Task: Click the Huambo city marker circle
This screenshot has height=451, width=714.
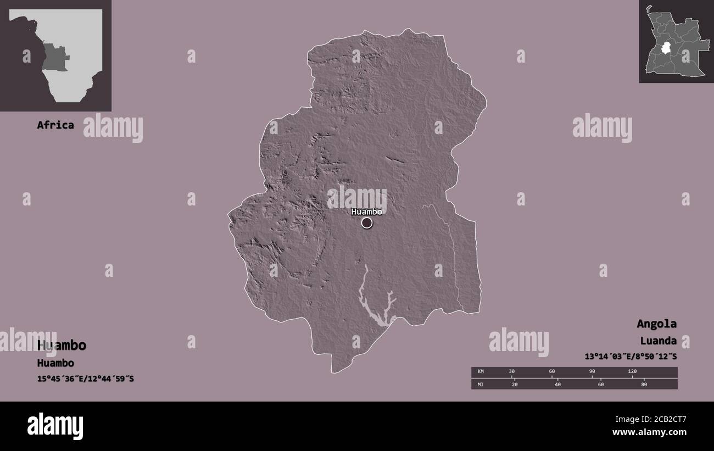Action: click(x=367, y=222)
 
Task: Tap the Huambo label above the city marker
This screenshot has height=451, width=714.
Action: click(x=366, y=211)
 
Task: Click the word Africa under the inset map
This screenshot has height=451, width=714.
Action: click(x=55, y=125)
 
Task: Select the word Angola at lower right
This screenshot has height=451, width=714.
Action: click(x=656, y=324)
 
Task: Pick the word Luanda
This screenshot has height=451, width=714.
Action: click(x=658, y=341)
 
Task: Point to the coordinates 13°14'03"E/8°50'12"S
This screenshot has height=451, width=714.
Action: click(x=631, y=357)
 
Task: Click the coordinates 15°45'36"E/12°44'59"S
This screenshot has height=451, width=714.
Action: click(x=85, y=379)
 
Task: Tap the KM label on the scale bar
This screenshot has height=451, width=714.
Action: click(x=481, y=372)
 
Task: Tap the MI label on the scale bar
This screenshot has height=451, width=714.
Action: click(x=481, y=384)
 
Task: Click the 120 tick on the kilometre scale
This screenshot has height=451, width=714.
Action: click(x=632, y=372)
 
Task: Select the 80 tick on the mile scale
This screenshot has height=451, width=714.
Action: click(x=644, y=384)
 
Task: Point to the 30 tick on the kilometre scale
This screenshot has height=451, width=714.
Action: click(x=512, y=372)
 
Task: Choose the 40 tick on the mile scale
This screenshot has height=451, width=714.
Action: click(x=557, y=384)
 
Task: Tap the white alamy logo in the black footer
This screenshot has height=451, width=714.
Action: click(x=55, y=426)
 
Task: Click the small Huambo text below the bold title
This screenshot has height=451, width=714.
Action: click(x=55, y=363)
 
